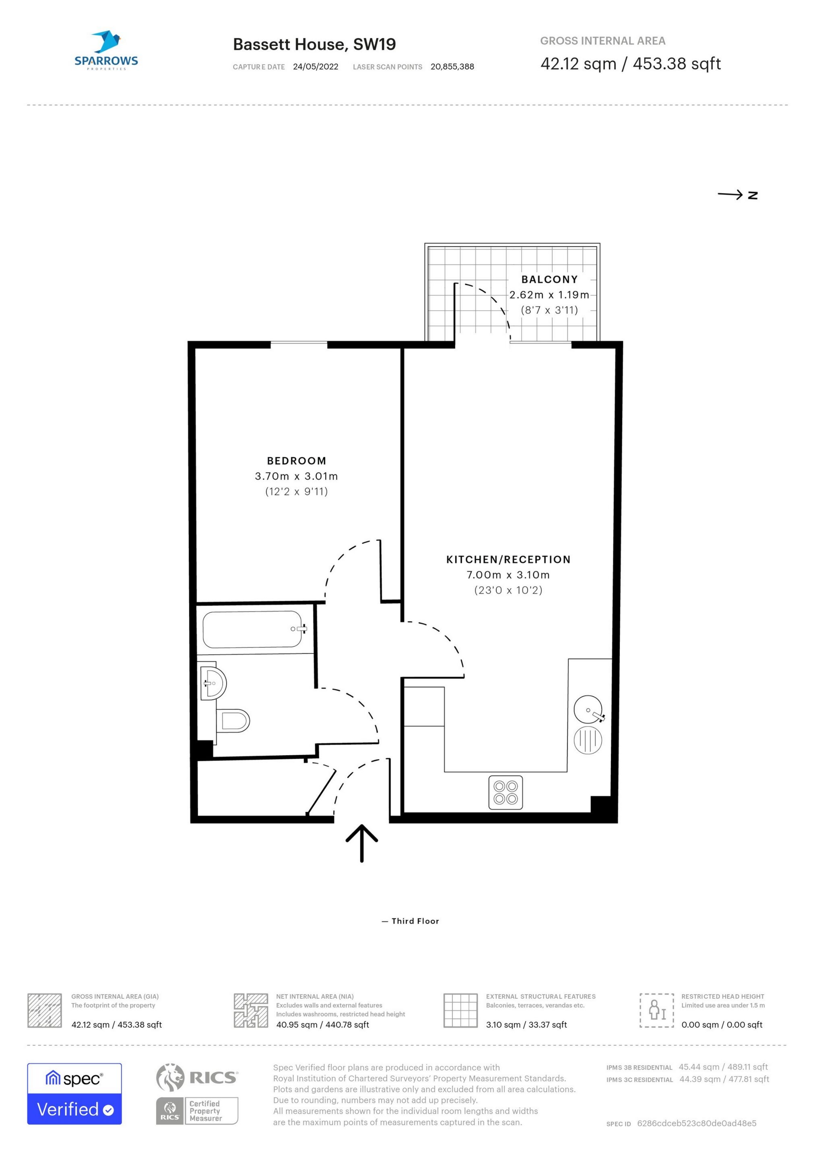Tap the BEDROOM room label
pos(297,461)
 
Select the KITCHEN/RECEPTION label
pos(508,559)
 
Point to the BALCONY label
pos(549,280)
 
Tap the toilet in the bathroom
pos(233,721)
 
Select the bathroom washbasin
pos(213,682)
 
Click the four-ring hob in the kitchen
pos(506,793)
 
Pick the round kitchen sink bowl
pos(588,709)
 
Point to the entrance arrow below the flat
pos(362,843)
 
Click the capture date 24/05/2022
pos(316,67)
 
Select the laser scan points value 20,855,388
pos(452,67)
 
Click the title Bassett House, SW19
pos(314,44)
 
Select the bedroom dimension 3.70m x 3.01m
pos(297,476)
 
